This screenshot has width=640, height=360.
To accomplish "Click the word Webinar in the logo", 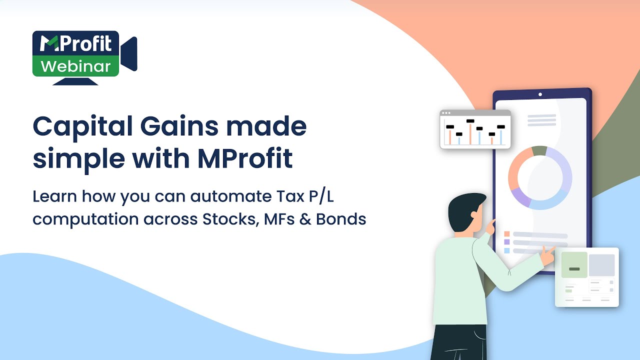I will click(75, 66).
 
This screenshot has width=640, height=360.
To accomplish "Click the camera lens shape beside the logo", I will click(129, 54).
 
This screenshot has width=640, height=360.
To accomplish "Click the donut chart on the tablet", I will click(540, 178).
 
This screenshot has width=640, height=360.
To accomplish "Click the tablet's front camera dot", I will click(540, 94).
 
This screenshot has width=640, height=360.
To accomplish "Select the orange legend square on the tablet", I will click(506, 234).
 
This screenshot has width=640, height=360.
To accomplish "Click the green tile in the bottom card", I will click(574, 265).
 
